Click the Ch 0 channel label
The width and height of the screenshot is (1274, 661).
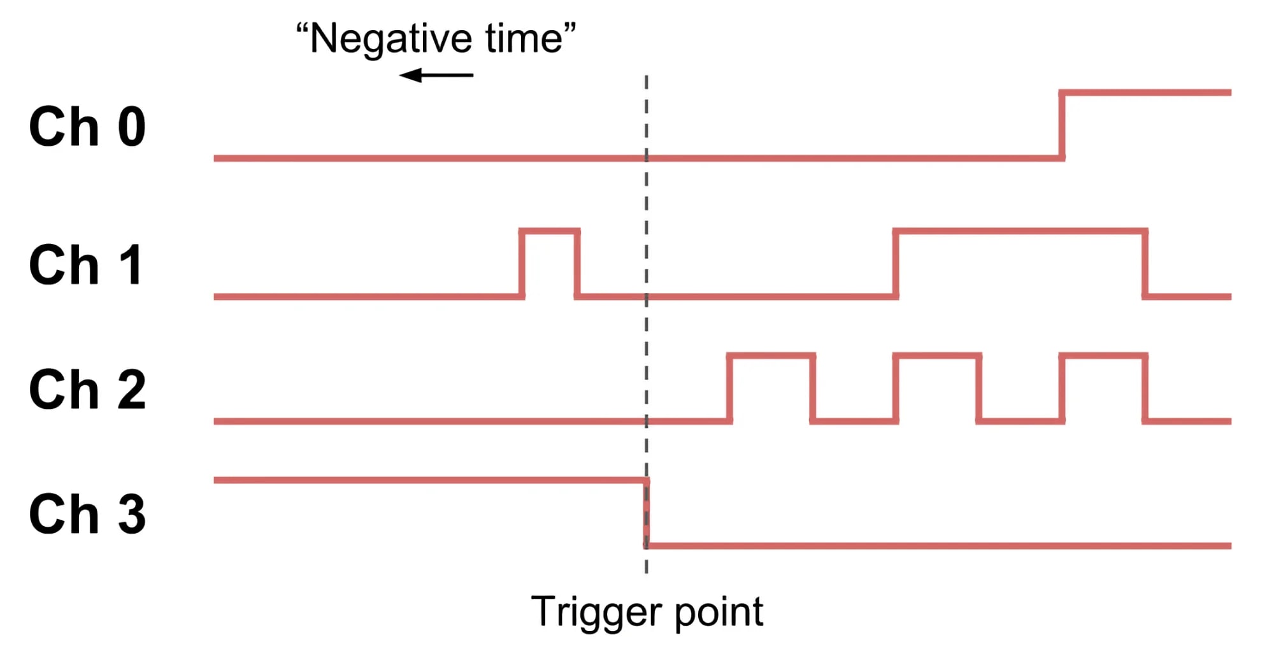click(87, 127)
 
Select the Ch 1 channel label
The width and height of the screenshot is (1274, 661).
click(86, 265)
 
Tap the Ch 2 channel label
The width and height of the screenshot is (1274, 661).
click(87, 389)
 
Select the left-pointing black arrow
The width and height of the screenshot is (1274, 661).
click(436, 75)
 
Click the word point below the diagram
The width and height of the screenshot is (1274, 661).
click(719, 613)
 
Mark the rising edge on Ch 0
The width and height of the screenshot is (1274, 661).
click(1062, 125)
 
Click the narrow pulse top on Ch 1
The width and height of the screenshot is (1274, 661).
click(549, 232)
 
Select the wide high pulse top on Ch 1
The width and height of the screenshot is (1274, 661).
click(1020, 232)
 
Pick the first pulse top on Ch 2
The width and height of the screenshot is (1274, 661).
click(771, 356)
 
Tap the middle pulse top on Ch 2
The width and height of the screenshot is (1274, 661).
click(937, 356)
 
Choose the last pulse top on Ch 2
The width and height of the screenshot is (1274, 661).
click(1103, 356)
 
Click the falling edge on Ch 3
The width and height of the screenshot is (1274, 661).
click(647, 513)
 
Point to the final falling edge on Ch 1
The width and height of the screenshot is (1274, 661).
click(1145, 264)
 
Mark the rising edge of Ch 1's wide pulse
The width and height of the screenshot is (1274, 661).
click(896, 264)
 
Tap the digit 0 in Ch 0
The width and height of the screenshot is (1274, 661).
click(132, 127)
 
